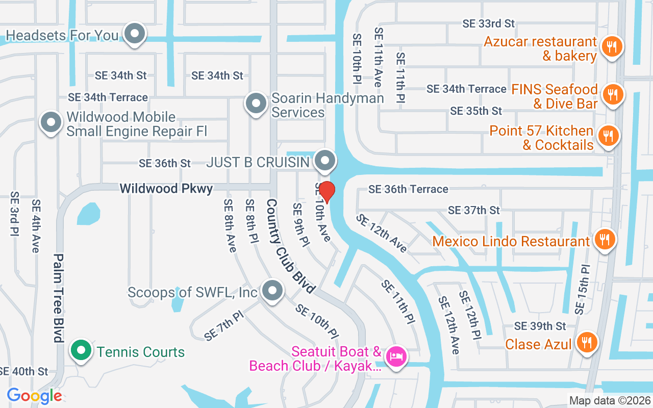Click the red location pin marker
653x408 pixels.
pos(326,192)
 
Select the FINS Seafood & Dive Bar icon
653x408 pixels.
pos(611,94)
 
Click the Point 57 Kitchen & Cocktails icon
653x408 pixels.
pos(608,136)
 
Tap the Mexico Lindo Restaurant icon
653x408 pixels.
pos(605,239)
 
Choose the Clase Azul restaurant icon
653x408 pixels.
pos(587,342)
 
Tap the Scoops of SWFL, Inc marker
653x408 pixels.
pos(272,291)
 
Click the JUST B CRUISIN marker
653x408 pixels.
pos(324,161)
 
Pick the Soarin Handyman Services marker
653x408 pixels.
pos(256,104)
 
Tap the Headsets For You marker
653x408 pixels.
pos(135,34)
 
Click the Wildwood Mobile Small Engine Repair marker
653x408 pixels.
pos(51,122)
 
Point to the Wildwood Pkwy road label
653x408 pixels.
pos(166,189)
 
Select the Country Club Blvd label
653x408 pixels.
pos(289,246)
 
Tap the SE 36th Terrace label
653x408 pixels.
pos(408,189)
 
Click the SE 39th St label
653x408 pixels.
pos(540,326)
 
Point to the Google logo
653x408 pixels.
pos(34,395)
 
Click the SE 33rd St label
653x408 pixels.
pos(488,23)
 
